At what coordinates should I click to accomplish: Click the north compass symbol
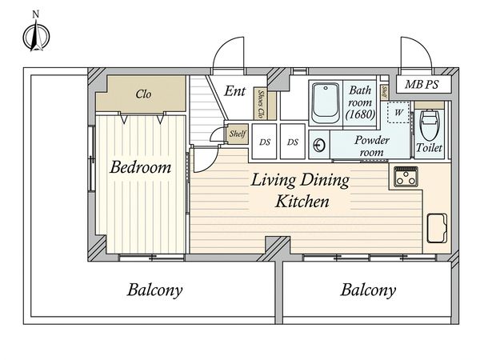pyautogui.click(x=37, y=36)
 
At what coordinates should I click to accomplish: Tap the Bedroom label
pyautogui.click(x=141, y=167)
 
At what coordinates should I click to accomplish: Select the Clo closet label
pyautogui.click(x=143, y=94)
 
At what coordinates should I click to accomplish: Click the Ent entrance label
pyautogui.click(x=234, y=91)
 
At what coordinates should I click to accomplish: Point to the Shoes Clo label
pyautogui.click(x=261, y=104)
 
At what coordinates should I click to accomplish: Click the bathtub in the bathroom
pyautogui.click(x=326, y=103)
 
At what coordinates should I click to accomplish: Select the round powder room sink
pyautogui.click(x=319, y=145)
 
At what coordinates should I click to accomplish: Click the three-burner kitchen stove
pyautogui.click(x=406, y=177)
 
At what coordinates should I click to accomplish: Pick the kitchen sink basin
pyautogui.click(x=437, y=228)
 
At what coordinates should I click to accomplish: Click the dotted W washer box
pyautogui.click(x=398, y=112)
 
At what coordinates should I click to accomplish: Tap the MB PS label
pyautogui.click(x=422, y=85)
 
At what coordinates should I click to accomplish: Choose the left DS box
pyautogui.click(x=265, y=142)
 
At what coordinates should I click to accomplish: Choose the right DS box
pyautogui.click(x=293, y=142)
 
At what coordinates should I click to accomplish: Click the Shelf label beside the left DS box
pyautogui.click(x=238, y=134)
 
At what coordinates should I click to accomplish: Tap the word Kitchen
pyautogui.click(x=302, y=201)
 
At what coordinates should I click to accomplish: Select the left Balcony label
pyautogui.click(x=155, y=290)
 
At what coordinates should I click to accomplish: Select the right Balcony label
pyautogui.click(x=368, y=290)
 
